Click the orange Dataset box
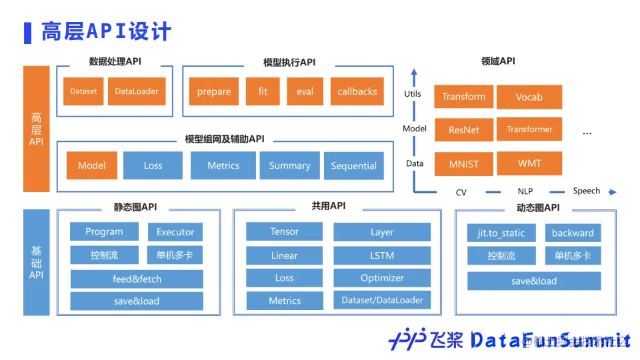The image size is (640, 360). pos(83,91)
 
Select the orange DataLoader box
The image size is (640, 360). pos(136,91)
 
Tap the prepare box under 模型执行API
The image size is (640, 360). pos(214,91)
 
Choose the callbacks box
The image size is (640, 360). pos(357,91)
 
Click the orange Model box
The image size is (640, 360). pos(91,165)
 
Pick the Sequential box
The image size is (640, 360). pos(353,166)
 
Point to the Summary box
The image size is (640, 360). pos(289,165)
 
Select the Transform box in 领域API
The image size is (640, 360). pos(463,97)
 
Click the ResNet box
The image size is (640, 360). pos(463,129)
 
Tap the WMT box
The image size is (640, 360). pos(529,163)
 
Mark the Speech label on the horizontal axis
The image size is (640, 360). pos(587,191)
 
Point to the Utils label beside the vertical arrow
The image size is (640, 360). pos(413,94)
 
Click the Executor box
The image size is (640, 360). pos(175,232)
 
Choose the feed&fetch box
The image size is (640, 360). pos(137,279)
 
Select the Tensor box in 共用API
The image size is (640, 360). pos(285,231)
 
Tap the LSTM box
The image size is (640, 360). pos(382,255)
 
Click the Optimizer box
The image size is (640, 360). pos(382,278)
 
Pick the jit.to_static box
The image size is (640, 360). pos(501,233)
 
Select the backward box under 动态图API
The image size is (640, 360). pos(573,233)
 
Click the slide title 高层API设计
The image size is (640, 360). pos(107,31)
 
